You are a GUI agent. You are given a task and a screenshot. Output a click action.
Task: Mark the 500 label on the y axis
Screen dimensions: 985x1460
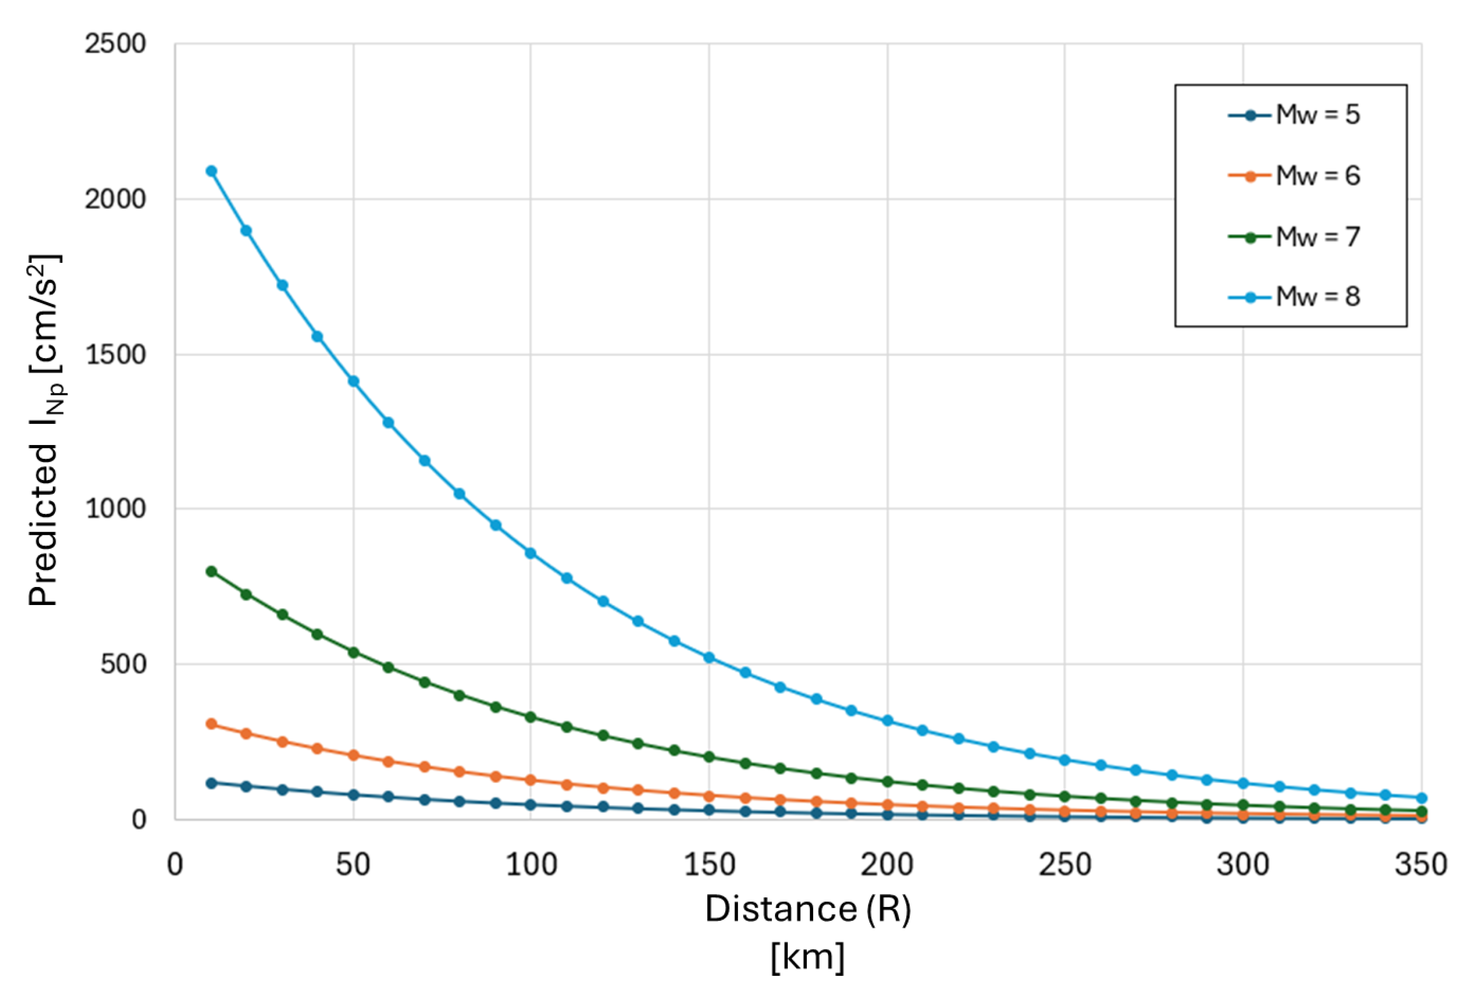click(123, 664)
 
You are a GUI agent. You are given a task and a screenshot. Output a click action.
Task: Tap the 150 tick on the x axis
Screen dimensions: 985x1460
click(709, 865)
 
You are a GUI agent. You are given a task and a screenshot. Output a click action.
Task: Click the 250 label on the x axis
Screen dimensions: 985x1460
click(1065, 865)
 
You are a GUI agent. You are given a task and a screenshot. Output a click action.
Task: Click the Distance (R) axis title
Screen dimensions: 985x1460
click(808, 909)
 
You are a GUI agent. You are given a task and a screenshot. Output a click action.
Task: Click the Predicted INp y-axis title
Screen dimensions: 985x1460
click(45, 430)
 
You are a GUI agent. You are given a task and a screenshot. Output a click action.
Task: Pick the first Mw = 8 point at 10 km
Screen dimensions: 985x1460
click(212, 171)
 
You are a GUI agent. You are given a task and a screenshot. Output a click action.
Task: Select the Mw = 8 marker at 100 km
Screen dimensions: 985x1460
click(531, 553)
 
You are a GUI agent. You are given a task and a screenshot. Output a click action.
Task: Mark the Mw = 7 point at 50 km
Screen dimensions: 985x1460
click(354, 653)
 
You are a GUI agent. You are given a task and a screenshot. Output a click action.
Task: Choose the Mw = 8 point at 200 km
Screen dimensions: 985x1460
click(887, 720)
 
